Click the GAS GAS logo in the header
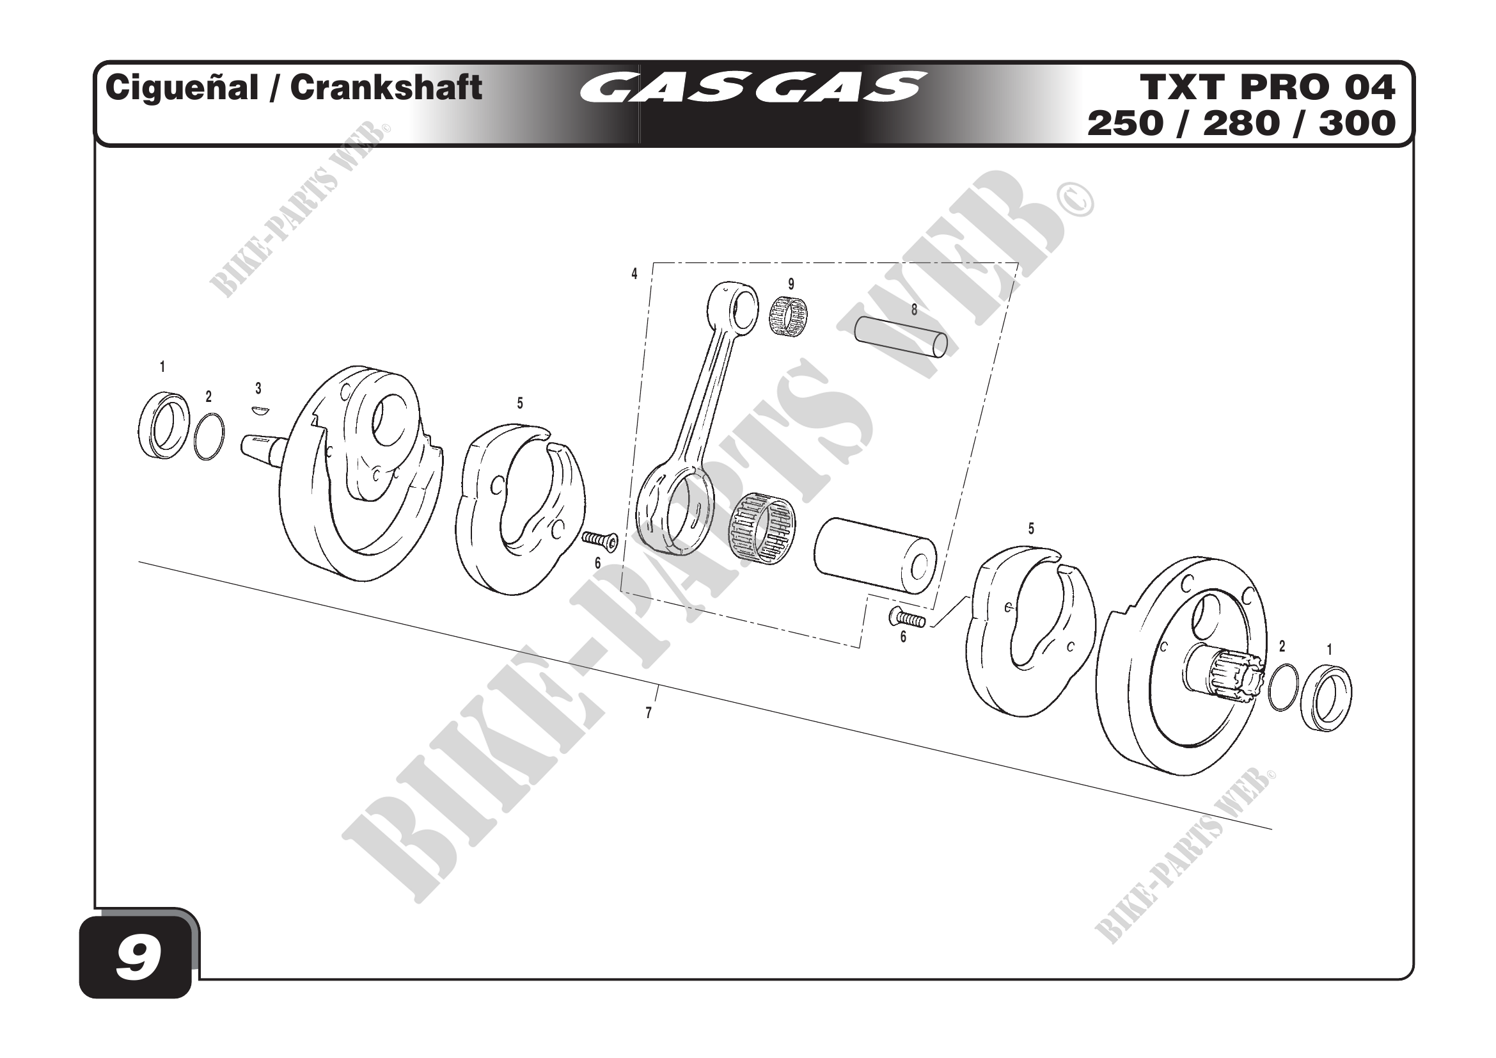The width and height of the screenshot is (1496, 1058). (753, 87)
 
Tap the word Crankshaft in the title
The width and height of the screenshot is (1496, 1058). (386, 88)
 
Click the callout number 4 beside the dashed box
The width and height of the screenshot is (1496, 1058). (634, 274)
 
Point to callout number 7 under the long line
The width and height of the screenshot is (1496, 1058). (649, 713)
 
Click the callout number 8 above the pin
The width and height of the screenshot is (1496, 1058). (914, 310)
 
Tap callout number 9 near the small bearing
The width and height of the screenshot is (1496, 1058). (791, 284)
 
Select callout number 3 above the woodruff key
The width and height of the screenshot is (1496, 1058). (258, 389)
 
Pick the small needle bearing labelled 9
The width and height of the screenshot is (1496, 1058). (789, 317)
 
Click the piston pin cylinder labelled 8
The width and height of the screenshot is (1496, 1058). (901, 337)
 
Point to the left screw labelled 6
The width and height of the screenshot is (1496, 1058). (599, 539)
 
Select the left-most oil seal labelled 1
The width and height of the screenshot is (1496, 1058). (164, 425)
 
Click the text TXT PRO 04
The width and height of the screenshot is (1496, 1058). (1267, 87)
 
